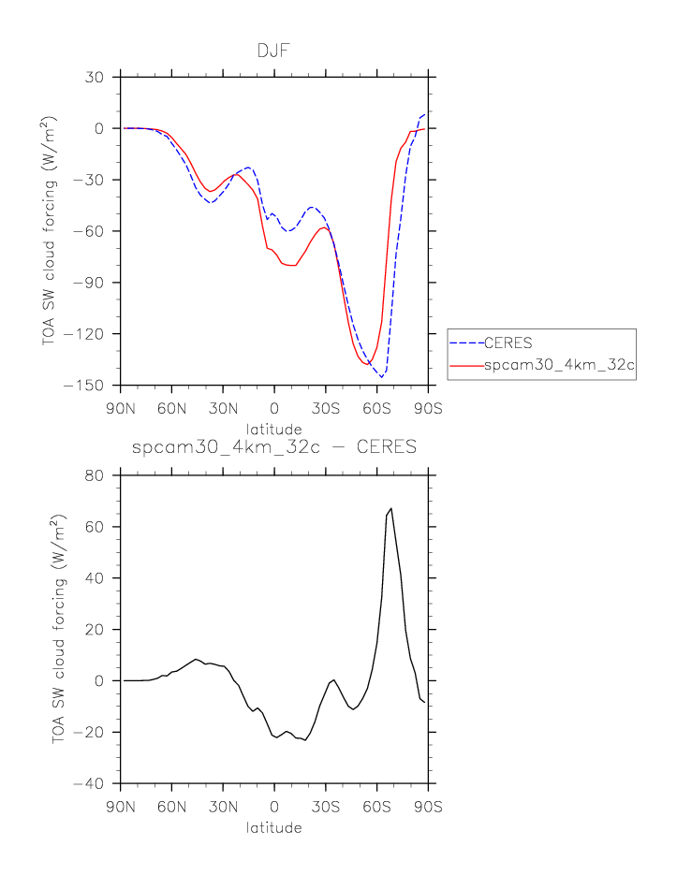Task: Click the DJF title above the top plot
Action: pyautogui.click(x=274, y=51)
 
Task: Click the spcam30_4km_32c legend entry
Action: pyautogui.click(x=559, y=366)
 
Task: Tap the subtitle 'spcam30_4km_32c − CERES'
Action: pyautogui.click(x=274, y=447)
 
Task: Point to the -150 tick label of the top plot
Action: pyautogui.click(x=95, y=386)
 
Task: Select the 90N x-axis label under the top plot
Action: pyautogui.click(x=122, y=407)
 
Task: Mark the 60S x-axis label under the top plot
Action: pyautogui.click(x=376, y=407)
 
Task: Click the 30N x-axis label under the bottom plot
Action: pyautogui.click(x=224, y=806)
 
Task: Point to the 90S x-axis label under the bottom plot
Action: pyautogui.click(x=428, y=806)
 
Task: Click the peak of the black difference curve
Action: pyautogui.click(x=390, y=509)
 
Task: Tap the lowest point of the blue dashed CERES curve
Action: pyautogui.click(x=381, y=376)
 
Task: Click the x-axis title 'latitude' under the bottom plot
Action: pyautogui.click(x=274, y=828)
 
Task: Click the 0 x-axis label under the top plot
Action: pyautogui.click(x=274, y=407)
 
